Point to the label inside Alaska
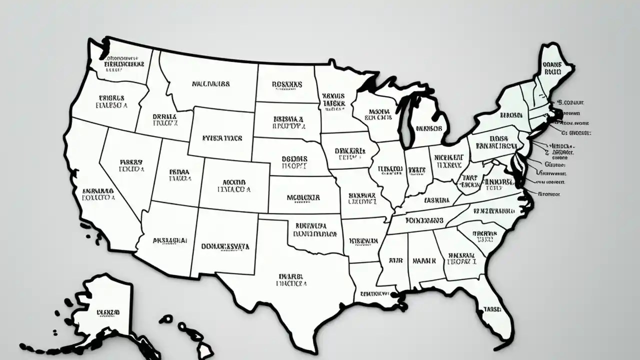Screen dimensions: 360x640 [108, 312]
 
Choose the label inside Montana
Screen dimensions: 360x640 [211, 84]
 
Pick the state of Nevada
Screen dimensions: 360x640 [131, 165]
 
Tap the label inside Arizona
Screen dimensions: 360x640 [170, 240]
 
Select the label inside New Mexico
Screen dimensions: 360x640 [225, 246]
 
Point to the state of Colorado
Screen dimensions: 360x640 [234, 185]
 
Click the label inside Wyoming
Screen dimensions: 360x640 [222, 137]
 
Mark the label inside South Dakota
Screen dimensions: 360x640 [288, 122]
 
